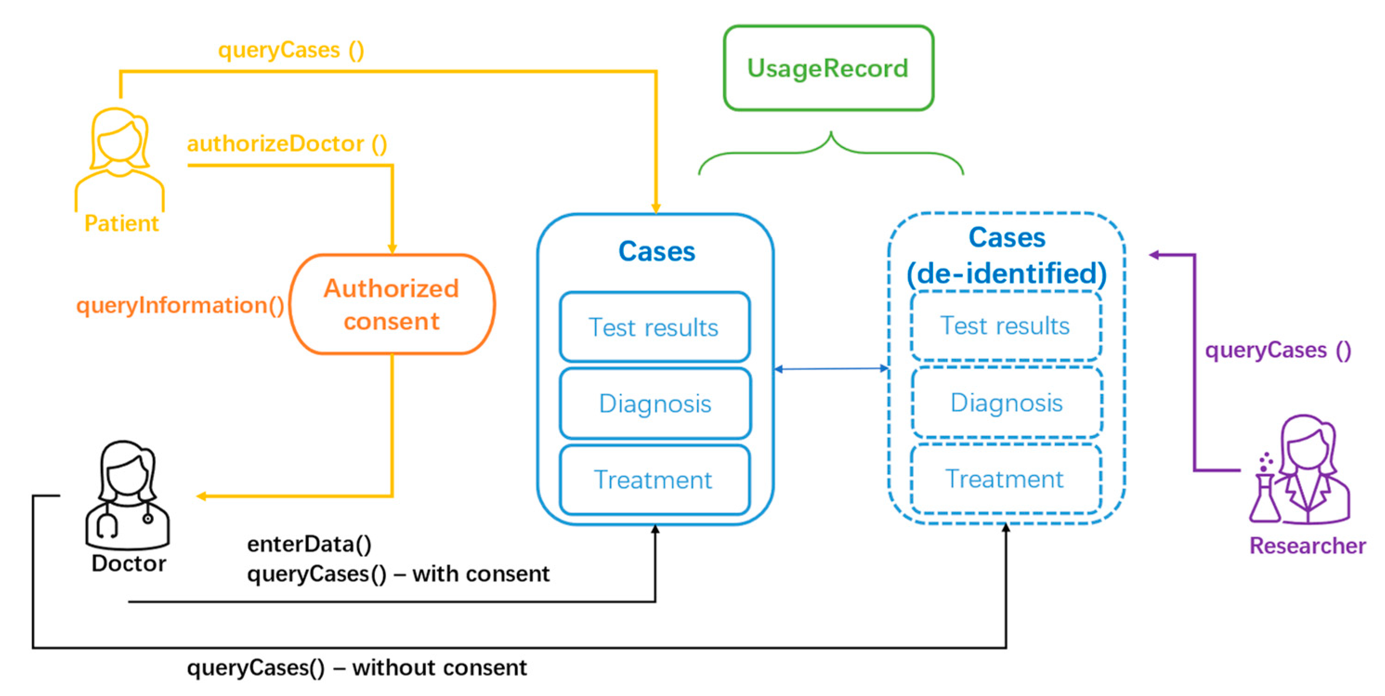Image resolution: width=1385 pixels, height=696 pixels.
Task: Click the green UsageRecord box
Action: point(828,68)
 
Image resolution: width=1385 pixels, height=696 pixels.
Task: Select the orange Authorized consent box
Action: point(392,305)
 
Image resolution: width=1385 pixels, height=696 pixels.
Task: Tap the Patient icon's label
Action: point(122,223)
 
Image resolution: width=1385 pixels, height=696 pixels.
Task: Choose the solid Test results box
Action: point(654,327)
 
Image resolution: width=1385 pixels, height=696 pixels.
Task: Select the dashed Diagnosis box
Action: point(1006,403)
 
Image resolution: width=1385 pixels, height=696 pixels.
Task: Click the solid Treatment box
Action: point(654,480)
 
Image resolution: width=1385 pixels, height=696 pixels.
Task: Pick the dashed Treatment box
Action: point(1006,479)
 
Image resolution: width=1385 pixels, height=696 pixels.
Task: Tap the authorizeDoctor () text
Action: point(287,144)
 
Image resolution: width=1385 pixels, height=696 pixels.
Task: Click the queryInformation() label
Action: point(180,305)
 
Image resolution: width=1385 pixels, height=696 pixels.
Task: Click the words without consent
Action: point(440,668)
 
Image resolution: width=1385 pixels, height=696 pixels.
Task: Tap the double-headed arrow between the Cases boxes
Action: point(831,369)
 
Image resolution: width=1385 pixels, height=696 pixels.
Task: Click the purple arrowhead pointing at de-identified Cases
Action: point(1154,255)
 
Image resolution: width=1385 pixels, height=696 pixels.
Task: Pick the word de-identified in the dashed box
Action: point(1006,273)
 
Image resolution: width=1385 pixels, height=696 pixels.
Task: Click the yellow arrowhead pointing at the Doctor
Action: point(201,496)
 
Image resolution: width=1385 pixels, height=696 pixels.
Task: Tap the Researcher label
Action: point(1307,546)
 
